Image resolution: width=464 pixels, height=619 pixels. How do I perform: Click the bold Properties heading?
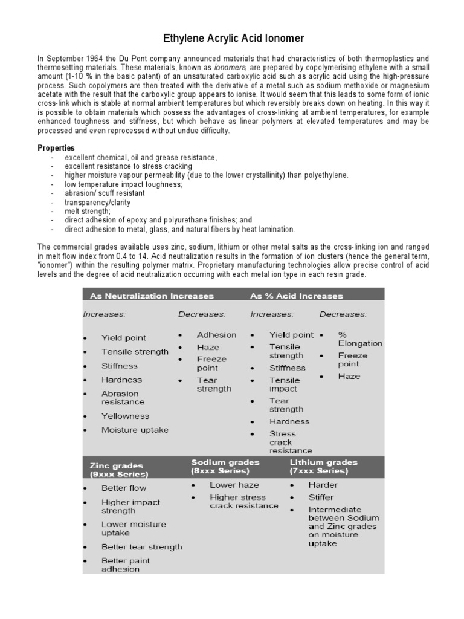pyautogui.click(x=56, y=148)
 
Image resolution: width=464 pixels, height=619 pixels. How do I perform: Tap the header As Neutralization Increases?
pyautogui.click(x=152, y=296)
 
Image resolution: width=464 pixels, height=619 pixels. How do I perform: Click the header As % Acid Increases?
pyautogui.click(x=296, y=296)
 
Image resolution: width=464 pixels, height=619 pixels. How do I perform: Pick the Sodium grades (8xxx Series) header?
pyautogui.click(x=225, y=465)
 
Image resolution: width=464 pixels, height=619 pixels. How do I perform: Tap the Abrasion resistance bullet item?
pyautogui.click(x=123, y=397)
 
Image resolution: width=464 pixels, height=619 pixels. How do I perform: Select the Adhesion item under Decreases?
pyautogui.click(x=216, y=335)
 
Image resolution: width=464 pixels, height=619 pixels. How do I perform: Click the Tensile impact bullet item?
pyautogui.click(x=284, y=384)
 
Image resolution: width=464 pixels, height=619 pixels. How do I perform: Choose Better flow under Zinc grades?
pyautogui.click(x=124, y=488)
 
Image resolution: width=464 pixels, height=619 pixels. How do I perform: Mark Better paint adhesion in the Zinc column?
pyautogui.click(x=126, y=565)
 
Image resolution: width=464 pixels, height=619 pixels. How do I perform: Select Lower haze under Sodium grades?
pyautogui.click(x=234, y=485)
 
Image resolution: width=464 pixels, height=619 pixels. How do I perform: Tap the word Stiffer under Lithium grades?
pyautogui.click(x=321, y=497)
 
